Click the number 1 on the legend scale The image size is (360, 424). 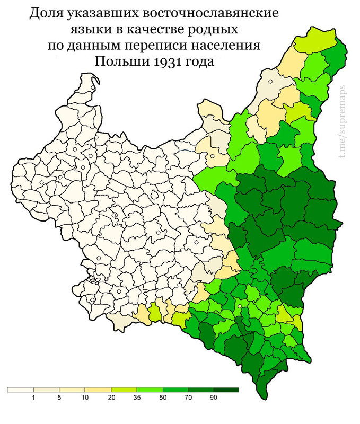click(x=33, y=397)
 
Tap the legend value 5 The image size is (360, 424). click(x=59, y=397)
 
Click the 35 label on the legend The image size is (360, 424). click(x=136, y=397)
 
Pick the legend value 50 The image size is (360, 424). click(x=162, y=397)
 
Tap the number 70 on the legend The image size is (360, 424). click(x=187, y=397)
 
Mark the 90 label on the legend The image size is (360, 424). click(x=213, y=397)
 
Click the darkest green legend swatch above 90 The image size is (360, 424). click(x=226, y=390)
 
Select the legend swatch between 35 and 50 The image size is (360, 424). click(x=149, y=390)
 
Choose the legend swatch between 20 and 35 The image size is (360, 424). click(x=123, y=390)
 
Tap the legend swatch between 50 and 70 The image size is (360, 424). click(x=174, y=390)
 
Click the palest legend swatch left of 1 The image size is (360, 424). click(x=20, y=390)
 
